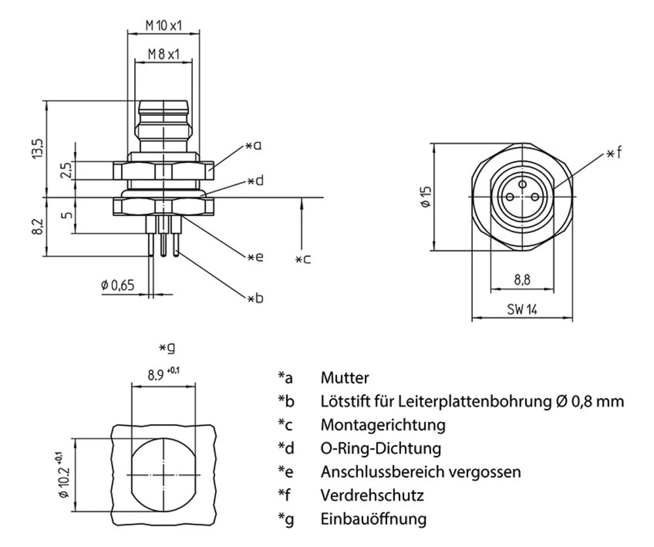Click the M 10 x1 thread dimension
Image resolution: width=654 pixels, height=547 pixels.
[163, 26]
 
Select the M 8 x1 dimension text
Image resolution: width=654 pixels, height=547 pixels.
[163, 54]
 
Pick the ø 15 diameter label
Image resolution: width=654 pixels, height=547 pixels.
[425, 197]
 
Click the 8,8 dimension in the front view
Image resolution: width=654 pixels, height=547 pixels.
[522, 280]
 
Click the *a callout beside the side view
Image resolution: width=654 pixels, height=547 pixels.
[254, 146]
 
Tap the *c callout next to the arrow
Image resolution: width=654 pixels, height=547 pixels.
[302, 259]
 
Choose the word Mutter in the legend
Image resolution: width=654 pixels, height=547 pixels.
[345, 378]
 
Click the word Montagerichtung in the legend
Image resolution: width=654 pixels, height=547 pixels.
[383, 425]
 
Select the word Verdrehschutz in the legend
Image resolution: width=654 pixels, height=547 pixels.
[371, 495]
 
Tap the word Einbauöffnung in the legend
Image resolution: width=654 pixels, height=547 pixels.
[373, 519]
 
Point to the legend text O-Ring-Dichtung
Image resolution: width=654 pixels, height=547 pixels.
[381, 448]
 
